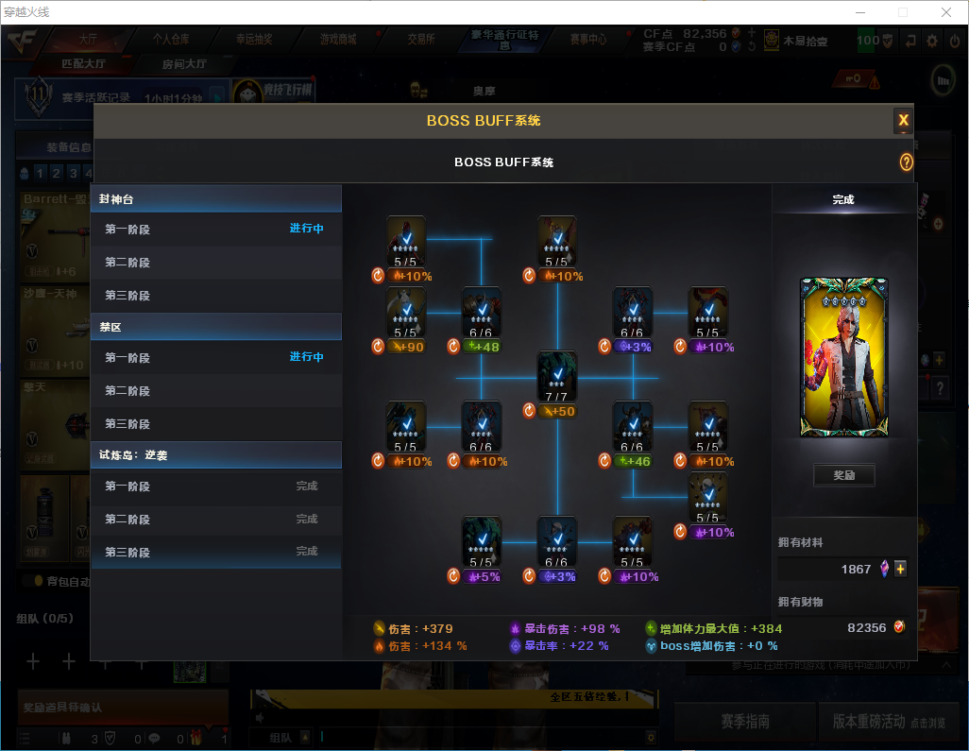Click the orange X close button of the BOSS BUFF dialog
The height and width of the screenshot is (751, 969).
(903, 120)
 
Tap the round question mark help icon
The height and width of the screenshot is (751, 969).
(907, 162)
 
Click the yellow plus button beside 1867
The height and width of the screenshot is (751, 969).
(900, 569)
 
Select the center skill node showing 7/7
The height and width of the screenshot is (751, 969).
(557, 377)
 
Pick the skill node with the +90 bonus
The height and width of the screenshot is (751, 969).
(406, 313)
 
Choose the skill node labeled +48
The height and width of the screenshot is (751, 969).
(481, 313)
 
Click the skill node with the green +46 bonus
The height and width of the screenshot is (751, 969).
(632, 427)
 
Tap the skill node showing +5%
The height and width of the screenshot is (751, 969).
(481, 542)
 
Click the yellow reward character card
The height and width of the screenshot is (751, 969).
(843, 357)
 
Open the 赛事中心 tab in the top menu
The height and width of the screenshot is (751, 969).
(587, 40)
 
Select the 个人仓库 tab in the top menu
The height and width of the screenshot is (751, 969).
(171, 40)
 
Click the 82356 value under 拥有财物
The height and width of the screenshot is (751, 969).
(866, 628)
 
